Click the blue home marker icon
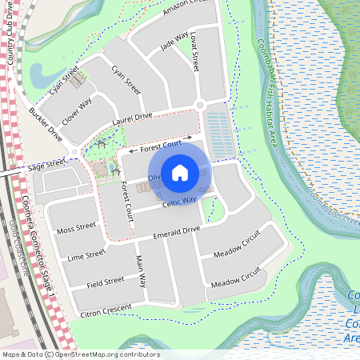pyautogui.click(x=180, y=172)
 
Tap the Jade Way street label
pyautogui.click(x=174, y=42)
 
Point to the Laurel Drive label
pyautogui.click(x=132, y=117)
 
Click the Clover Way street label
pyautogui.click(x=77, y=110)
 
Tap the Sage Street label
pyautogui.click(x=46, y=163)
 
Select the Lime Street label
pyautogui.click(x=86, y=255)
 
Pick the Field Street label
pyautogui.click(x=105, y=281)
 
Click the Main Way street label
pyautogui.click(x=141, y=271)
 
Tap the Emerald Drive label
pyautogui.click(x=176, y=231)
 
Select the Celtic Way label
pyautogui.click(x=179, y=202)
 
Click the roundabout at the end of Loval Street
pyautogui.click(x=200, y=105)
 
